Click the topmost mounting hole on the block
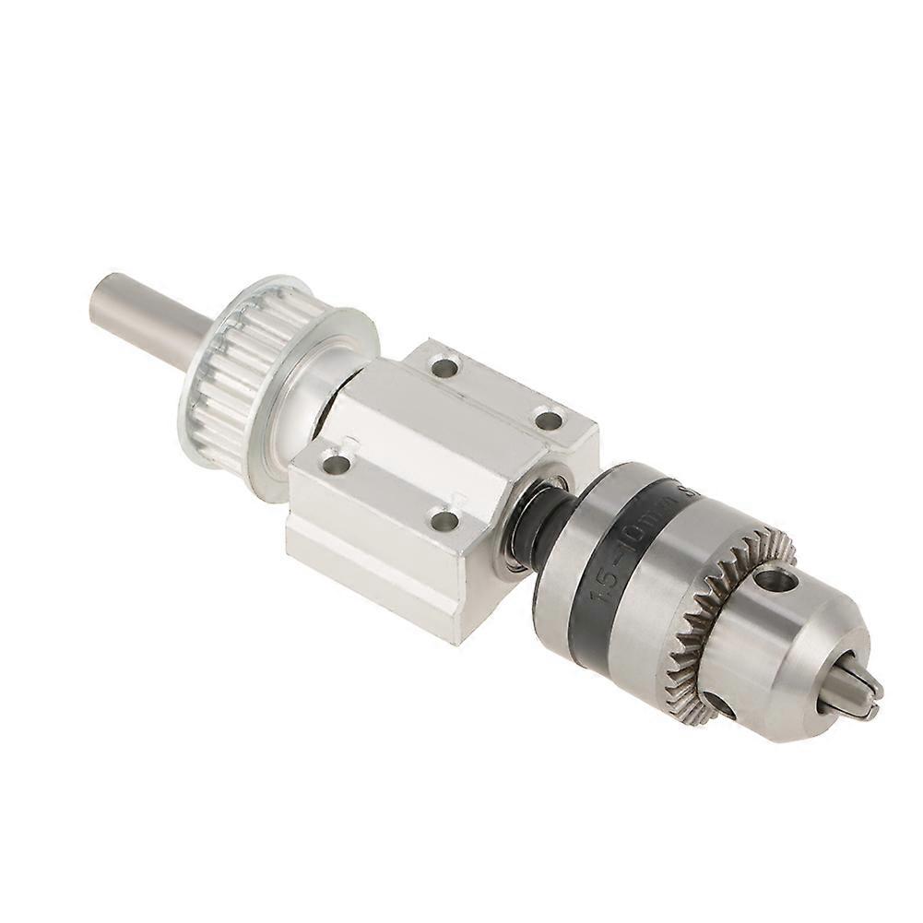click(444, 368)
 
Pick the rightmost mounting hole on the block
click(549, 420)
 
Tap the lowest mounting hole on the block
click(444, 520)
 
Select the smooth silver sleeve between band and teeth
click(673, 590)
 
